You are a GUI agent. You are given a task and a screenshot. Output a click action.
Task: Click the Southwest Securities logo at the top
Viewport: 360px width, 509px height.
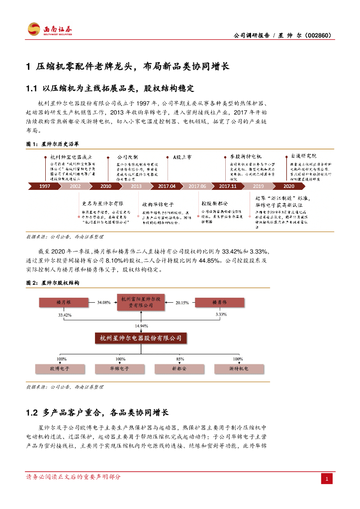pyautogui.click(x=50, y=29)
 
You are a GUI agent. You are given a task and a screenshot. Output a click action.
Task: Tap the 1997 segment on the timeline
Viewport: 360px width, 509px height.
pyautogui.click(x=45, y=186)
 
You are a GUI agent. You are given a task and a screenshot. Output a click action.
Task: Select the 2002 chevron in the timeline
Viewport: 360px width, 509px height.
pyautogui.click(x=75, y=186)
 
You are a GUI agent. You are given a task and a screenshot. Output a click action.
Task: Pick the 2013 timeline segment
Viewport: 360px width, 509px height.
pyautogui.click(x=136, y=186)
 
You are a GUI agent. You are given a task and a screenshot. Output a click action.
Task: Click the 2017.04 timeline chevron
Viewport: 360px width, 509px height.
pyautogui.click(x=167, y=186)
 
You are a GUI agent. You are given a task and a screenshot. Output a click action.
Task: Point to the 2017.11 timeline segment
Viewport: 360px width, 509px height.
pyautogui.click(x=227, y=186)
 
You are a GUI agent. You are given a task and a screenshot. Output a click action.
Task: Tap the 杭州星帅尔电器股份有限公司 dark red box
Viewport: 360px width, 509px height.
pyautogui.click(x=141, y=338)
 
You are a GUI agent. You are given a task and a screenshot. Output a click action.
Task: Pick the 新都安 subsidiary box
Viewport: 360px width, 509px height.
pyautogui.click(x=179, y=369)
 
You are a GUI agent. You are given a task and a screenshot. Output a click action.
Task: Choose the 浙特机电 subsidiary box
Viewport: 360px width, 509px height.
pyautogui.click(x=239, y=369)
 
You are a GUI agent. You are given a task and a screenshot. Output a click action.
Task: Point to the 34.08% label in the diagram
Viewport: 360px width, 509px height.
pyautogui.click(x=104, y=302)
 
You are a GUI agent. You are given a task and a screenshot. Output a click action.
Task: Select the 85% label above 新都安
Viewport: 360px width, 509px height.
pyautogui.click(x=180, y=358)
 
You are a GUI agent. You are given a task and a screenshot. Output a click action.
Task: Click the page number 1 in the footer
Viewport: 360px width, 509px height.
pyautogui.click(x=327, y=479)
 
